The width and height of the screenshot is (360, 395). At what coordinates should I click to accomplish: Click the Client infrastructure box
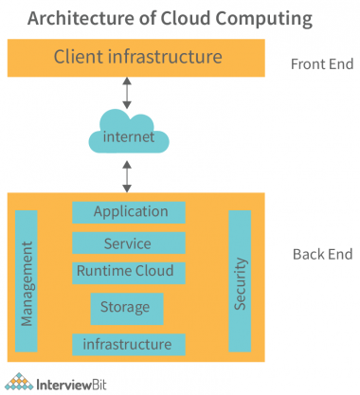click(138, 58)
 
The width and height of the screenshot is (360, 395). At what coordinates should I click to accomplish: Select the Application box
click(131, 212)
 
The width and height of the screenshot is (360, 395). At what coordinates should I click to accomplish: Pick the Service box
click(128, 243)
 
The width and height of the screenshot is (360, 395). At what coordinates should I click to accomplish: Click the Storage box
click(127, 308)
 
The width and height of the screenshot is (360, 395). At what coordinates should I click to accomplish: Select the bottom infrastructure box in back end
click(127, 343)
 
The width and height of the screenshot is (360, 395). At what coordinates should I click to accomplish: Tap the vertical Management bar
click(27, 281)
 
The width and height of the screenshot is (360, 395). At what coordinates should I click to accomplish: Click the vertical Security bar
click(240, 281)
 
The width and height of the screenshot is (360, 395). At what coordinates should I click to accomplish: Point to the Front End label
click(322, 64)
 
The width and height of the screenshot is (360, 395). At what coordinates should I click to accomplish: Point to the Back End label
click(322, 254)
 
